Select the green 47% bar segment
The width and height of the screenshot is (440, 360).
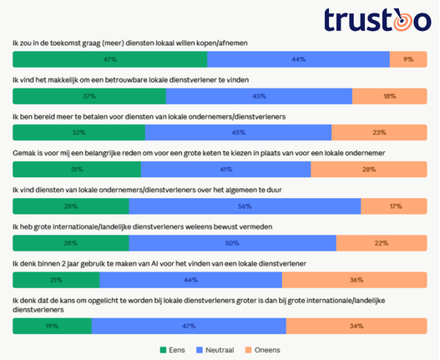[x=109, y=59]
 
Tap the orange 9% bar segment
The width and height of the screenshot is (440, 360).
[x=407, y=59]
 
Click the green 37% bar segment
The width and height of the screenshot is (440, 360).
[x=89, y=96]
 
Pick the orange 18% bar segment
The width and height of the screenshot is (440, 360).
[x=389, y=96]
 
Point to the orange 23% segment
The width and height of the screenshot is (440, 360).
[x=379, y=133]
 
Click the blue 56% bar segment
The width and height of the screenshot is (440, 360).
[x=245, y=206]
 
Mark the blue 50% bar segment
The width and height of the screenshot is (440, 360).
[x=232, y=243]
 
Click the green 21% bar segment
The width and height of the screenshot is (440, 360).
[x=56, y=280]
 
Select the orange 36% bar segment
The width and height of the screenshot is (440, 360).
[x=354, y=280]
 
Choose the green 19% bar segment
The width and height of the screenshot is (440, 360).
[x=52, y=326]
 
